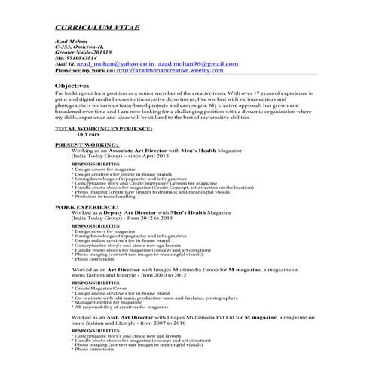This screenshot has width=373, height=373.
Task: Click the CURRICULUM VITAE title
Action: point(97,28)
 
